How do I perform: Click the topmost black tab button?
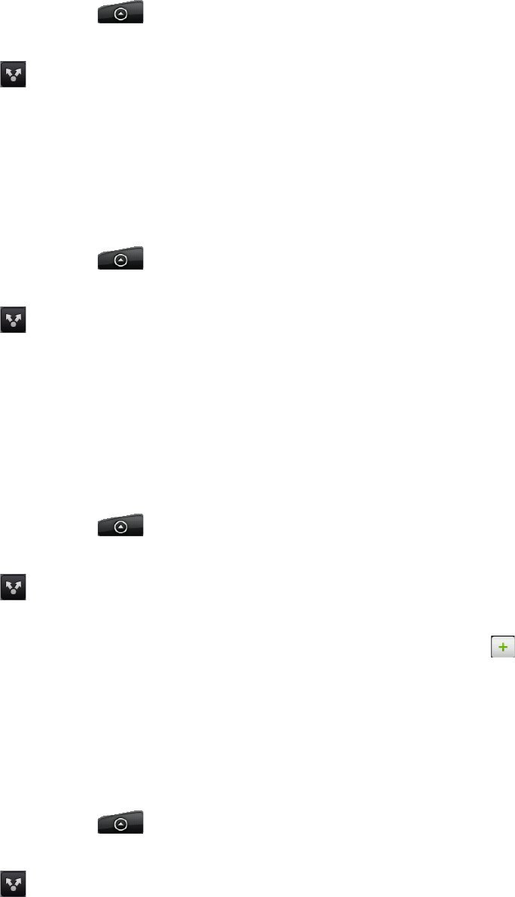point(120,13)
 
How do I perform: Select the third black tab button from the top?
point(120,526)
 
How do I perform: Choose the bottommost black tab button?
point(120,822)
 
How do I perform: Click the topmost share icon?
point(13,74)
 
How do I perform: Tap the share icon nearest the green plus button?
point(13,587)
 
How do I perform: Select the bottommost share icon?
point(13,883)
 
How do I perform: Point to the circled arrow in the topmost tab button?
point(120,15)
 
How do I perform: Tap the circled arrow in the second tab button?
point(120,260)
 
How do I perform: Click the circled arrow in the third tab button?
point(120,528)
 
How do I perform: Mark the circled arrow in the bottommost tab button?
point(120,825)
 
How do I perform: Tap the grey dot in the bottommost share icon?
point(13,889)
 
